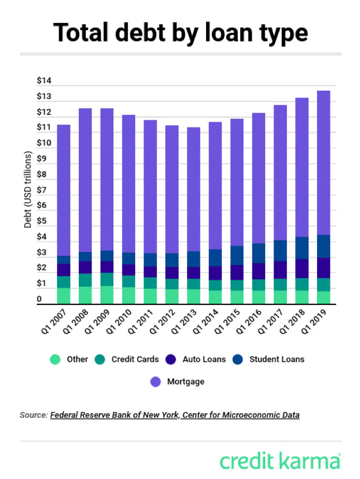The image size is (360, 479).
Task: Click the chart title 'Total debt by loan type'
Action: coord(180,32)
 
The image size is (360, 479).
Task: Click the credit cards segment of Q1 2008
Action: coord(85,280)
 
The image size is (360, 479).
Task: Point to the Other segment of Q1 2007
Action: coord(64,295)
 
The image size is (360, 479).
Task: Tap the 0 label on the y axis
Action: coord(39,300)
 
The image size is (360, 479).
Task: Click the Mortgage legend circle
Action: coord(155,382)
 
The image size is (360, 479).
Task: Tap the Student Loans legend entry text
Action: coord(277,359)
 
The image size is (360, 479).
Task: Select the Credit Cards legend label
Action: coord(134,359)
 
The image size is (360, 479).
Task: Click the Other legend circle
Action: coord(55,359)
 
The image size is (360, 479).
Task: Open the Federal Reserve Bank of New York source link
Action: coord(175,415)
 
